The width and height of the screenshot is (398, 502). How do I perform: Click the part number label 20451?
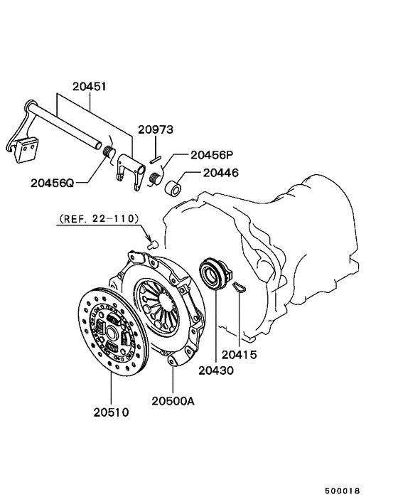(89, 87)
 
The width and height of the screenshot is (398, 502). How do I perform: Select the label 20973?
(155, 129)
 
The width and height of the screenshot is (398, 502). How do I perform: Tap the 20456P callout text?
(213, 154)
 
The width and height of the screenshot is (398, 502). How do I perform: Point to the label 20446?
(220, 173)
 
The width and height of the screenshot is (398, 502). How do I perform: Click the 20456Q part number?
(53, 182)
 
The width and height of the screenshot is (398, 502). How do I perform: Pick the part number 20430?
(215, 370)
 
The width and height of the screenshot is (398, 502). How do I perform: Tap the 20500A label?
(173, 400)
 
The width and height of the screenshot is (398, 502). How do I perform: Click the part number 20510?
(111, 412)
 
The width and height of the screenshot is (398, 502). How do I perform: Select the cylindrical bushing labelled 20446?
(173, 188)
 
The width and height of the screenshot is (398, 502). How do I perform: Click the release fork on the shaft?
(128, 170)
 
